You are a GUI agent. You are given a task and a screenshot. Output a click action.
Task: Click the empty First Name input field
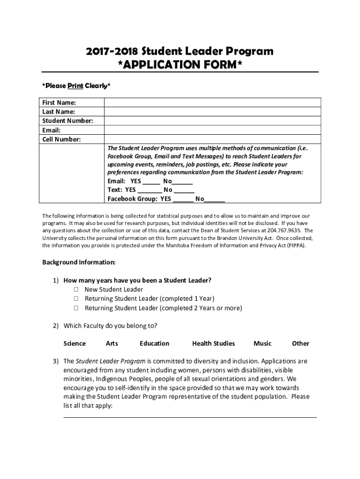[x=212, y=102]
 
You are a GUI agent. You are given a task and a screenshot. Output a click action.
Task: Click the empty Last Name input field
[x=212, y=112]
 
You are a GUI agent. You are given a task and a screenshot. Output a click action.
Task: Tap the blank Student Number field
[x=212, y=121]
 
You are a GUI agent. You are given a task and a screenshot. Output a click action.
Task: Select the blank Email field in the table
[x=212, y=131]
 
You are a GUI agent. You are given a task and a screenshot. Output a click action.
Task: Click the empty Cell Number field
[x=212, y=139]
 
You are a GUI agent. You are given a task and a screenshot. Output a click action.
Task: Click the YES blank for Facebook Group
[x=183, y=199]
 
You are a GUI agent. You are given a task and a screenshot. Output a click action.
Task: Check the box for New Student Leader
[x=75, y=290]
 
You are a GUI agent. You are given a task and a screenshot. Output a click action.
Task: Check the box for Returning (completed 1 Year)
[x=75, y=299]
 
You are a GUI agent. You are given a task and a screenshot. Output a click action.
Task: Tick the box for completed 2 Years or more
[x=75, y=308]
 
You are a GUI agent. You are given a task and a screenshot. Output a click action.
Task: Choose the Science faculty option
[x=74, y=343]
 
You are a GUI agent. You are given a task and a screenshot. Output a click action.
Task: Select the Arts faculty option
[x=112, y=343]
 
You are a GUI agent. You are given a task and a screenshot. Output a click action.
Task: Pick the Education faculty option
[x=154, y=343]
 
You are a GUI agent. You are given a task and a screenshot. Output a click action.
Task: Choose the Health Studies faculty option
[x=213, y=343]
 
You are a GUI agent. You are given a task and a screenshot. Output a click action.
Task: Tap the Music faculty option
[x=262, y=343]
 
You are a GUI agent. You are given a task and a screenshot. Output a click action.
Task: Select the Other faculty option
[x=300, y=343]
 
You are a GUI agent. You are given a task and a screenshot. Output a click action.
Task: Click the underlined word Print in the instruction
[x=75, y=86]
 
